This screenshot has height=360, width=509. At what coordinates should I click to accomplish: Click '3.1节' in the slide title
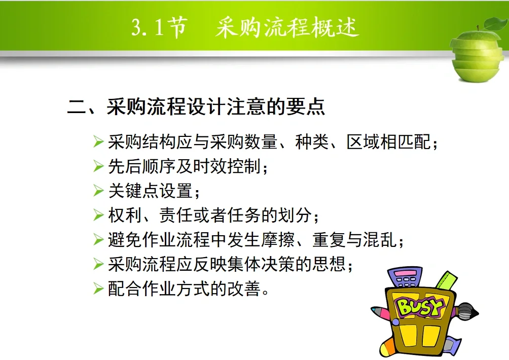pos(159,28)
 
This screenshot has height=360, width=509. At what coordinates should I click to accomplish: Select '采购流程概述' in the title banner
pos(287,28)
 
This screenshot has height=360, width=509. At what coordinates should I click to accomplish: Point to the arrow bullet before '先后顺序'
pos(98,166)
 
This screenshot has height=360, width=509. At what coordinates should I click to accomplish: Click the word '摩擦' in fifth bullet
pos(277,240)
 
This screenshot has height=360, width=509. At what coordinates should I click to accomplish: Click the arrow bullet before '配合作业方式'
pos(98,289)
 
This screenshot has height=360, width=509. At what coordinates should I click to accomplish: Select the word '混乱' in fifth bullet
pos(380,240)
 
